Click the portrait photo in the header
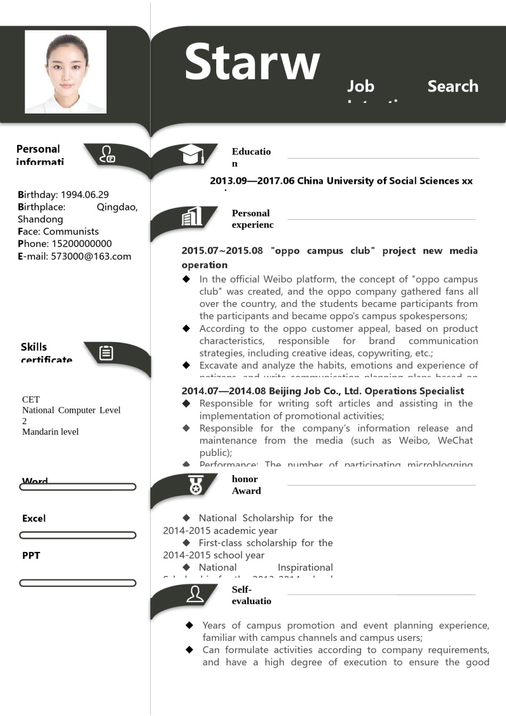(x=66, y=71)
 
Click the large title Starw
(x=252, y=62)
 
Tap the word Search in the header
(x=453, y=86)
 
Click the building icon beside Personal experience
(x=192, y=216)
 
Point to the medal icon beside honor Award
(x=195, y=485)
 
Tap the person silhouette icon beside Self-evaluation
(x=195, y=594)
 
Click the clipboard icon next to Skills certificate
(x=107, y=353)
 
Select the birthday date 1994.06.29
(x=85, y=194)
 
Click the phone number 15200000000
(x=81, y=243)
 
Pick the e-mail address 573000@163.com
(x=91, y=256)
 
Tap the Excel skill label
(x=34, y=518)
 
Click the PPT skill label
(x=31, y=556)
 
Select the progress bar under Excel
(x=78, y=535)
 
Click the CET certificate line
(x=31, y=399)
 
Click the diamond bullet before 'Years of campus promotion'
(x=190, y=625)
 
